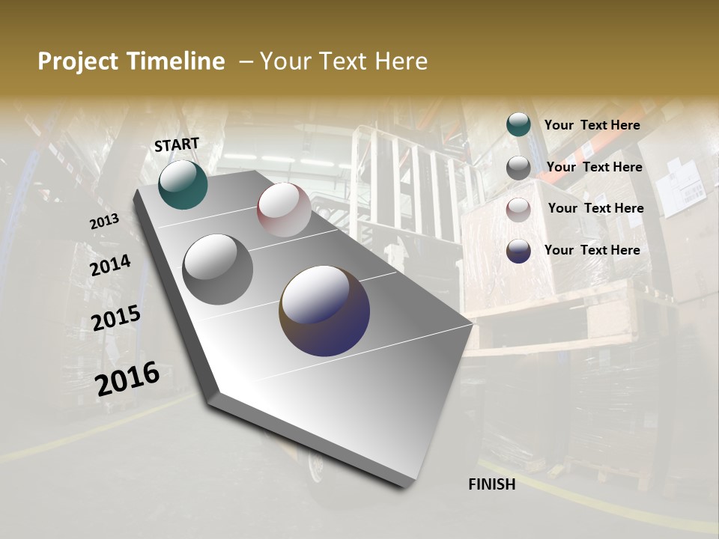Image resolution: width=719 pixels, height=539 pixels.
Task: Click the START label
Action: coord(177,144)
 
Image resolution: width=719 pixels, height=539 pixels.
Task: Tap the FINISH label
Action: coord(492,484)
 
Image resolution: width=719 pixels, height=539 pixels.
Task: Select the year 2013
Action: coord(104,222)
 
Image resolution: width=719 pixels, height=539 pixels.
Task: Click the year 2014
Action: coord(110,265)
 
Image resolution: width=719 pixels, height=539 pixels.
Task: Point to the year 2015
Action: coord(116,318)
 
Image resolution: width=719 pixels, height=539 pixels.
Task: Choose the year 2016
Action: coord(127,379)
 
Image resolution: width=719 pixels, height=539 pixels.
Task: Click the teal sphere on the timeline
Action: coord(183,185)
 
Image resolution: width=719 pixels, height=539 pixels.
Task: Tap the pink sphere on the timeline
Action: coord(284,210)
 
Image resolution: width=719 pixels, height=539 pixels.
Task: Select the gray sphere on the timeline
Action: coord(218,269)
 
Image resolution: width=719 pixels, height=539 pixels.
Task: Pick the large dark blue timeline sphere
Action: coord(324,311)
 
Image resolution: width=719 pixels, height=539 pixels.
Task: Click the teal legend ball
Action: coord(518,124)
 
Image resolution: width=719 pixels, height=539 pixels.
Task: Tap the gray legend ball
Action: coord(518,168)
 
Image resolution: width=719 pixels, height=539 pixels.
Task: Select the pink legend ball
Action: coord(518,210)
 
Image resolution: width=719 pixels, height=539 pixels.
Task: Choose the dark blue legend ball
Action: coord(518,251)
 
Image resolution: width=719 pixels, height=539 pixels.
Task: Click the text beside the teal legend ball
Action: coord(592,125)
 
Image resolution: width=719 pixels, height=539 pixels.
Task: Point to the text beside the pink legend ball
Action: coord(595,208)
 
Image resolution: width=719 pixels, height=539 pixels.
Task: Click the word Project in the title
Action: coord(78,61)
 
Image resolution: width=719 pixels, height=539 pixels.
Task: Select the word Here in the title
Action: coord(401,61)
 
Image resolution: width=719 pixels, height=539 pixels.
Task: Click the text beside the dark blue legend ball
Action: coord(592,250)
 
